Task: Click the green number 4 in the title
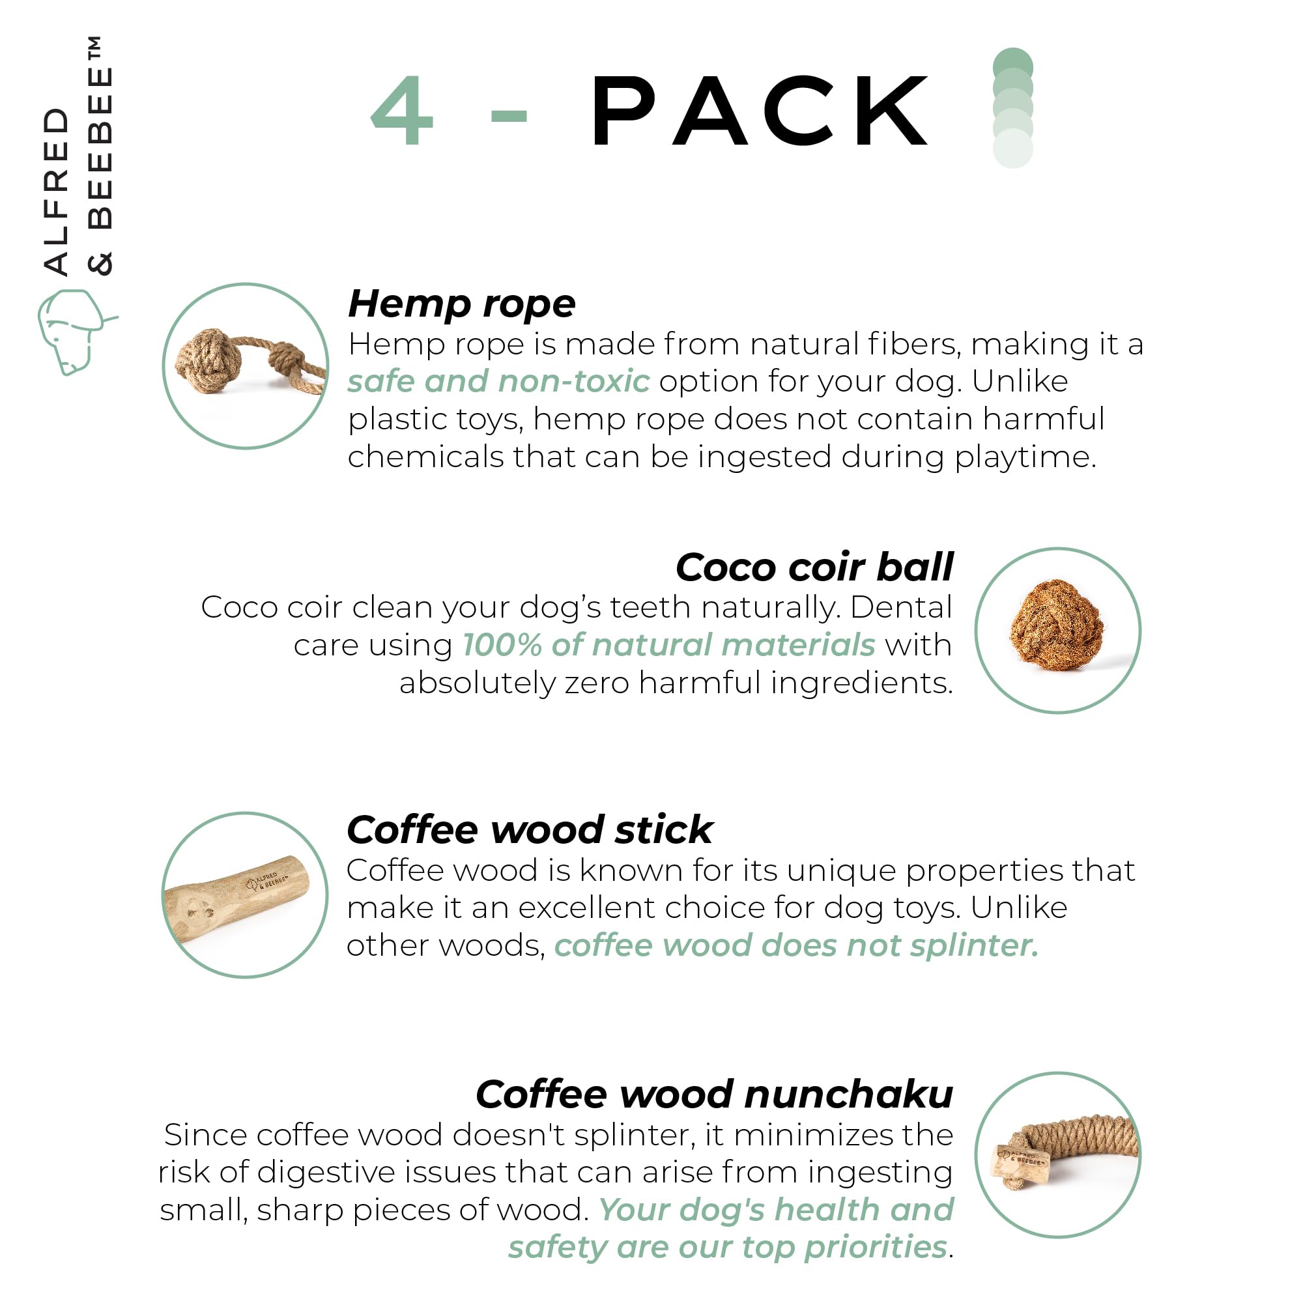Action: click(402, 110)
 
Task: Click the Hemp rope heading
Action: click(461, 304)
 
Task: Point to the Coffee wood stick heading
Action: click(530, 829)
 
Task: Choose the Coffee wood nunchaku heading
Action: click(714, 1093)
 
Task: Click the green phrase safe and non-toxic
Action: click(499, 381)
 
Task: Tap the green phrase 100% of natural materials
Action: click(669, 645)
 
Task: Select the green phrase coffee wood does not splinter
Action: click(796, 945)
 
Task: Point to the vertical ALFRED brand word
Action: click(56, 192)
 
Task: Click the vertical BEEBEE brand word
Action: click(100, 149)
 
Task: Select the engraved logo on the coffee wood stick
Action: click(266, 881)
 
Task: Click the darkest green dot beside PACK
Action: click(1013, 68)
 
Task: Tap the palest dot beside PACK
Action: click(1013, 149)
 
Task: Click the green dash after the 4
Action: click(509, 116)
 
